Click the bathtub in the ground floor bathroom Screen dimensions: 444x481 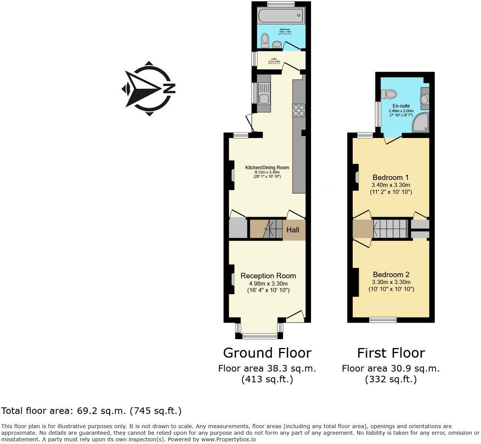tap(281, 16)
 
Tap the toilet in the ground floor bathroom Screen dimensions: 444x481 tap(265, 40)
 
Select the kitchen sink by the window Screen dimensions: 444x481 tap(264, 99)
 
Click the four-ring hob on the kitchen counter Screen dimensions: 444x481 tap(299, 110)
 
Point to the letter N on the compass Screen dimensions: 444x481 tap(169, 89)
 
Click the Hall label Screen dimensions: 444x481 tap(293, 230)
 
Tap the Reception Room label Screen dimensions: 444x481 tap(268, 276)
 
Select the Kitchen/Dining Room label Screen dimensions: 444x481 tap(267, 167)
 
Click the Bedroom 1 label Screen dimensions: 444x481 tap(390, 177)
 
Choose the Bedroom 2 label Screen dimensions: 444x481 tap(391, 274)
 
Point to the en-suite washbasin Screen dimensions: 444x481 tap(424, 99)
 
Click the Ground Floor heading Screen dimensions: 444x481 tap(267, 353)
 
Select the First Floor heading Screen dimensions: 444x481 tap(391, 353)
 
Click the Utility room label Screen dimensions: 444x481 tap(274, 59)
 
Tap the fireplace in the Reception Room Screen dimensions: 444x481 tap(232, 279)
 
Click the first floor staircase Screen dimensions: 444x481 tap(390, 229)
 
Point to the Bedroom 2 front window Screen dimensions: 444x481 tap(383, 320)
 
